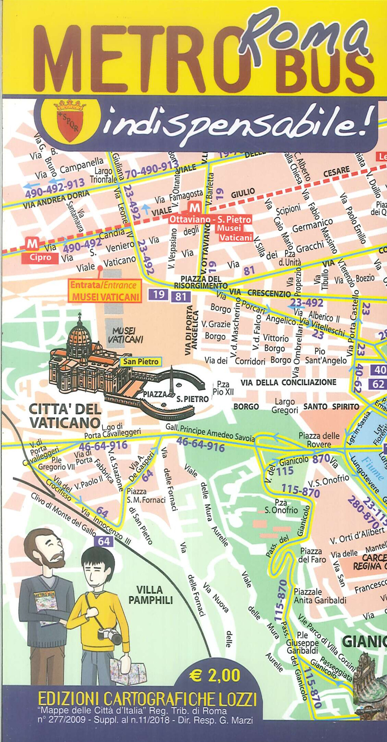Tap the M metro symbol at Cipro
coord(32,244)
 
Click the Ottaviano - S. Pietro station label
coord(210,219)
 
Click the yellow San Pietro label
coord(141,362)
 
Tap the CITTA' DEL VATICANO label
coord(65,415)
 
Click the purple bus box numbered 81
coord(181,296)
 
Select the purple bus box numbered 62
coord(378,384)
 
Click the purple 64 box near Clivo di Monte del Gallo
coord(104,541)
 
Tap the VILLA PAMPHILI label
coord(150,595)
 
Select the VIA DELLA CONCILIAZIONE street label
coord(288,382)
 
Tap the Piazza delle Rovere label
coord(319,440)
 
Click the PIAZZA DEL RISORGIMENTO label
coord(200,282)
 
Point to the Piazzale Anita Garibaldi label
coord(320,596)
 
